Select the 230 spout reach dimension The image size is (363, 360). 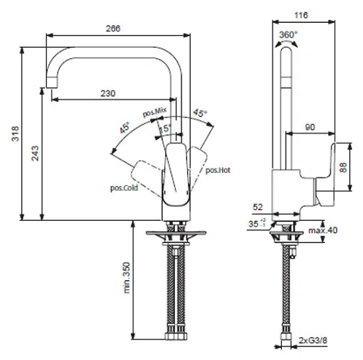[x=108, y=93]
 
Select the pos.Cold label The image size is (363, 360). [x=124, y=188]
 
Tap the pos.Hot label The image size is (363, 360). [x=218, y=170]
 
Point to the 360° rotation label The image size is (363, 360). [x=288, y=35]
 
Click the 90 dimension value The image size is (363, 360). [x=310, y=127]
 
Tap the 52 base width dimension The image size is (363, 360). [x=258, y=206]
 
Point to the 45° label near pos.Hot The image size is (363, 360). [x=199, y=112]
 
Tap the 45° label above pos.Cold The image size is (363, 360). [x=125, y=127]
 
